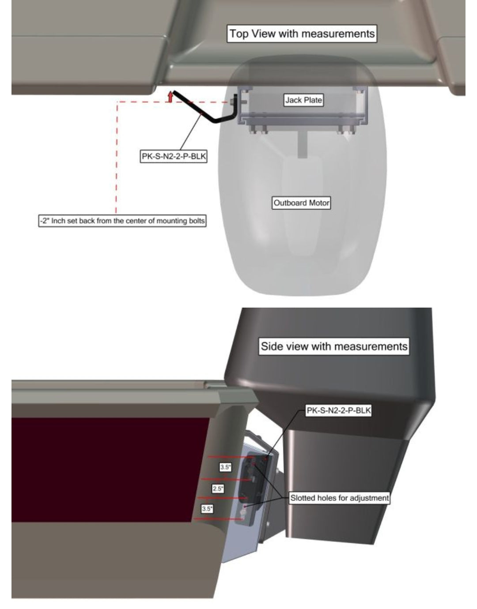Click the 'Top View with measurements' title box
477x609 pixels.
[x=302, y=34]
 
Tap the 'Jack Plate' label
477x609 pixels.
[x=303, y=100]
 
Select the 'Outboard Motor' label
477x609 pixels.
[x=301, y=203]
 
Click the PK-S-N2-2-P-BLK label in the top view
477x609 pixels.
[x=174, y=156]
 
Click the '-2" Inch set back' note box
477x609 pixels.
[x=122, y=221]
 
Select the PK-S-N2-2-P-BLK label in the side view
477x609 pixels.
[x=338, y=410]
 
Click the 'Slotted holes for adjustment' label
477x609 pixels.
[x=339, y=498]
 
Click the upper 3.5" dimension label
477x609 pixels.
[x=225, y=467]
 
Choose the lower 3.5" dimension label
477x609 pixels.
[x=207, y=509]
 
